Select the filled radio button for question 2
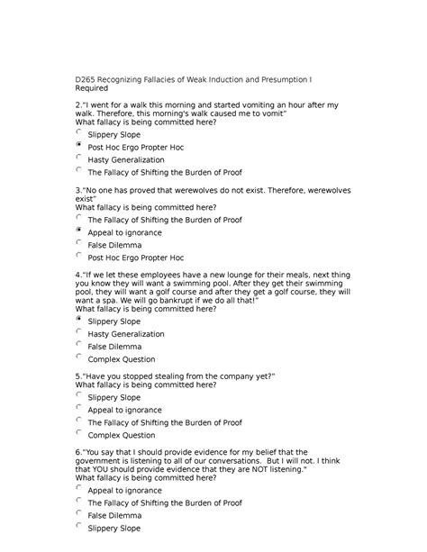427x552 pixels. (80, 144)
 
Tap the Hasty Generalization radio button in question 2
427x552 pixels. (80, 157)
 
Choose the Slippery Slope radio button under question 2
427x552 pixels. (80, 131)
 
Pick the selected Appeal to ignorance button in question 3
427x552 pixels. (80, 231)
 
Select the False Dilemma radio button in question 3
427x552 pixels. (80, 242)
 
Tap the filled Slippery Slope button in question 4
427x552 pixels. (80, 319)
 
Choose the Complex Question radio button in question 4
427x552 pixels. (80, 357)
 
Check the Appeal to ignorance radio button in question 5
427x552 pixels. (80, 407)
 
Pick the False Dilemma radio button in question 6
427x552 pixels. (80, 513)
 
